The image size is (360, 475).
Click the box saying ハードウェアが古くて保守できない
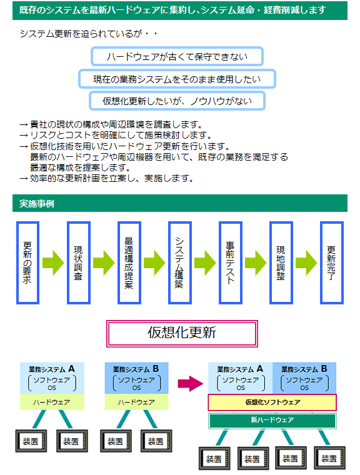(x=177, y=56)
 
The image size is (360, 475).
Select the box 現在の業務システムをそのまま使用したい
(x=177, y=79)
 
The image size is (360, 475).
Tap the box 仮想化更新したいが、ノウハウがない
(x=177, y=101)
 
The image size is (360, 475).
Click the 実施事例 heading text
(x=37, y=204)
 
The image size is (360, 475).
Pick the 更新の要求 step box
(x=27, y=262)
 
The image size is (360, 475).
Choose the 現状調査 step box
(x=79, y=262)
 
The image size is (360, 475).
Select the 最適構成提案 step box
(x=129, y=262)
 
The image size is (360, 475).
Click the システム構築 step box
(x=180, y=262)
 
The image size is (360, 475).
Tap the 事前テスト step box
(x=230, y=262)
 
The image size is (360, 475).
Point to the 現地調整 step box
(x=281, y=262)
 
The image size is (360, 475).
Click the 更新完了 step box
(x=331, y=262)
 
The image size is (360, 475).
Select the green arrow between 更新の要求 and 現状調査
(x=53, y=262)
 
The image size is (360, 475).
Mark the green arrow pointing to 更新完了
(x=306, y=262)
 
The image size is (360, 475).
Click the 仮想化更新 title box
(x=182, y=333)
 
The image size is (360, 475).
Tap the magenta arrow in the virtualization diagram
(x=190, y=384)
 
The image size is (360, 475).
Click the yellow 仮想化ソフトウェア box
(x=272, y=402)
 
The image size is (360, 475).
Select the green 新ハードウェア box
(x=272, y=420)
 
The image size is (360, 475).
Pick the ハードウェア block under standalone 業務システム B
(x=136, y=402)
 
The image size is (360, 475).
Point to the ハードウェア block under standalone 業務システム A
(x=52, y=402)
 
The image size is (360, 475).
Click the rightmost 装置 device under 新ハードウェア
(x=329, y=458)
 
